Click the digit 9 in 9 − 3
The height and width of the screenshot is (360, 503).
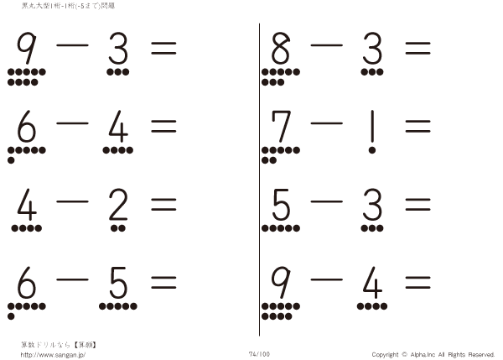point(27,48)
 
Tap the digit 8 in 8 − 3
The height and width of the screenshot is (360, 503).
point(281,48)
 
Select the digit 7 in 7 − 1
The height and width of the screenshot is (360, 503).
point(281,126)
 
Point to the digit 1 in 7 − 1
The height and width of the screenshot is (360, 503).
point(372,126)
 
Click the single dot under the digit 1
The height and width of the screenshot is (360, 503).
point(372,150)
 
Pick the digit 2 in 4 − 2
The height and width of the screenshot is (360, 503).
point(118,204)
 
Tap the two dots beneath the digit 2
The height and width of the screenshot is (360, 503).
point(118,228)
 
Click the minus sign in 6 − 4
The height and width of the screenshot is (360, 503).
point(72,123)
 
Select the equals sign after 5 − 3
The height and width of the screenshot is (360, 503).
point(417,204)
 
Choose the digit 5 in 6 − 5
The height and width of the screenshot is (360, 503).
point(118,283)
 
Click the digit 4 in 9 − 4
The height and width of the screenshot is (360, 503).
point(372,283)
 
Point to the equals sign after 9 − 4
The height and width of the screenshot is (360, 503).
point(417,283)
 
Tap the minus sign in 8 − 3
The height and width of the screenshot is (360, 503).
point(327,45)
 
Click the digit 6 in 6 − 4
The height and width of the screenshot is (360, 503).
point(27,126)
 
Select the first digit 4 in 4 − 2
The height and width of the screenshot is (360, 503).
point(27,204)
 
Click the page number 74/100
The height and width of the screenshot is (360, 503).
point(259,354)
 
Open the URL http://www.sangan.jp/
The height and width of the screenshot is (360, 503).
point(53,355)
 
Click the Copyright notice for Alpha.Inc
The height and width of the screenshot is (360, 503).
point(433,354)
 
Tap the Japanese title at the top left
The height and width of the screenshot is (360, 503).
point(68,6)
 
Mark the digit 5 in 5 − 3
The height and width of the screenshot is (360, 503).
point(281,204)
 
